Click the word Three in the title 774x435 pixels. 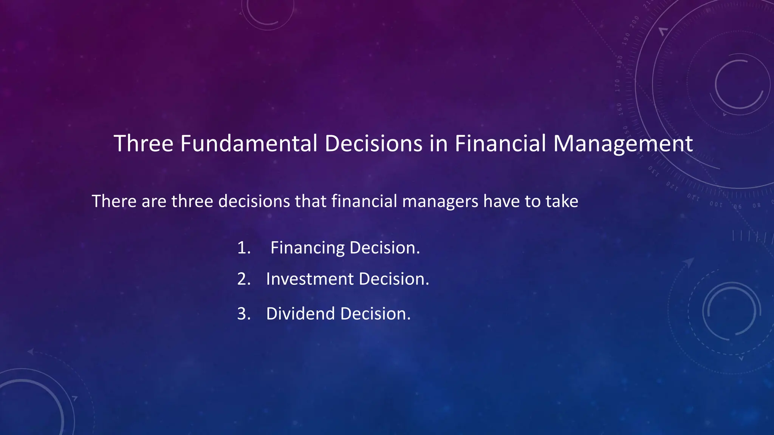(x=143, y=144)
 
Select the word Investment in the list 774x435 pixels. (x=310, y=279)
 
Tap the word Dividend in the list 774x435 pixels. (x=300, y=314)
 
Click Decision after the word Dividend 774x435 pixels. (x=375, y=314)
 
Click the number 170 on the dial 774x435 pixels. (x=618, y=86)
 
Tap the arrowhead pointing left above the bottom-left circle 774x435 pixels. (x=31, y=352)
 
